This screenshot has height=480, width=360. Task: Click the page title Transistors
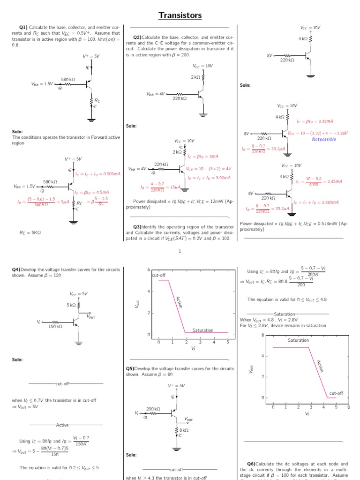(x=180, y=15)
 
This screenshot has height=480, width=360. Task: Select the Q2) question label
(x=137, y=37)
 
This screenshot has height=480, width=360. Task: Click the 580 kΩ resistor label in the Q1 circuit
(x=68, y=80)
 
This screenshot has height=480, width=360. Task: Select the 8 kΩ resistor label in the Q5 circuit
(x=183, y=430)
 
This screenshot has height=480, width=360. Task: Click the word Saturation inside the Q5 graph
(x=298, y=340)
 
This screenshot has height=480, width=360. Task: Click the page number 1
(x=180, y=251)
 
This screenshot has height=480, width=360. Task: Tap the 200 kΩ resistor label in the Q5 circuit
(x=153, y=409)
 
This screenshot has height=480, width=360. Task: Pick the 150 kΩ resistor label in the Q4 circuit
(x=55, y=326)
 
